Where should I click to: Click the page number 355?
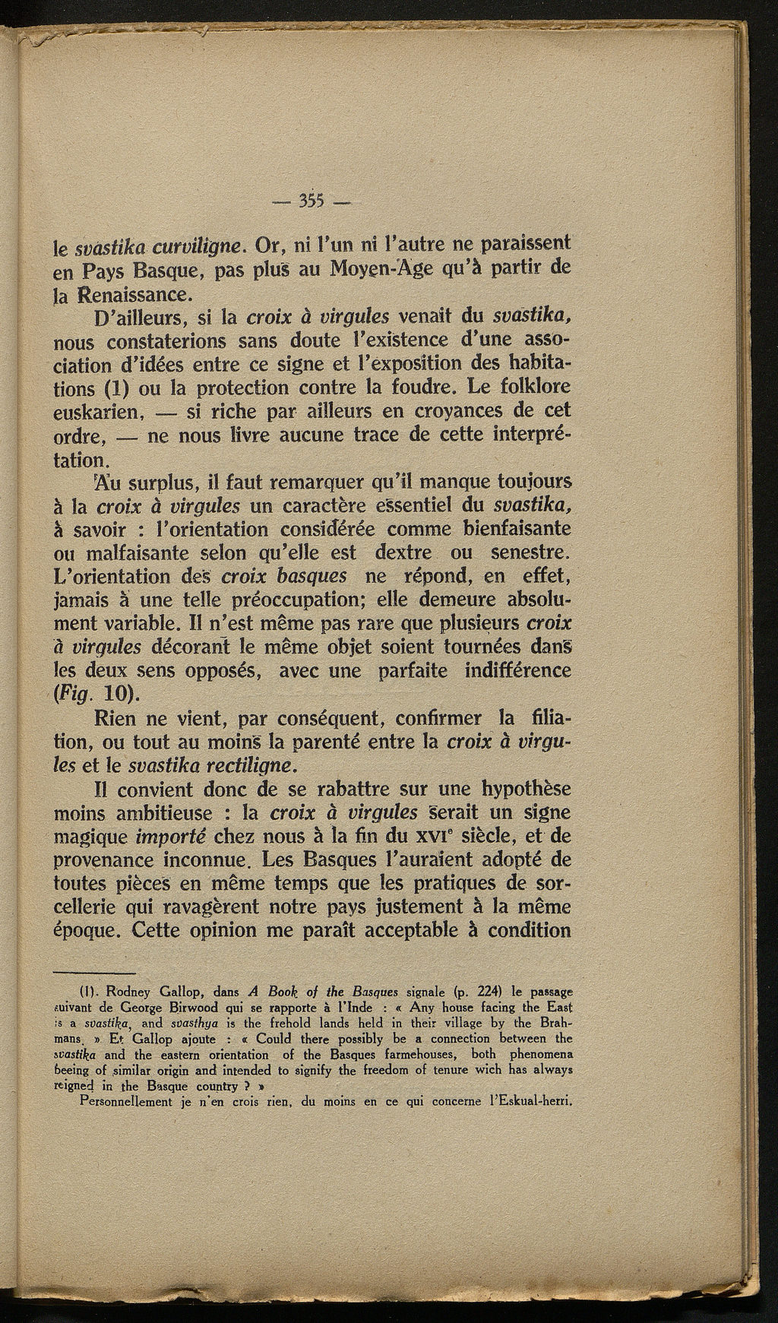click(311, 201)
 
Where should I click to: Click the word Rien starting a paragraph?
click(122, 717)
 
